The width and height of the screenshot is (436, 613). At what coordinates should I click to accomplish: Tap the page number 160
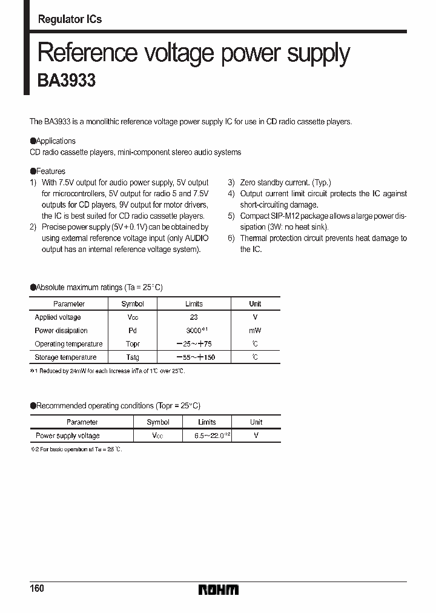pos(37,589)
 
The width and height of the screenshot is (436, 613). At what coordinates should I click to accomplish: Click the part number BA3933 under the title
pos(67,81)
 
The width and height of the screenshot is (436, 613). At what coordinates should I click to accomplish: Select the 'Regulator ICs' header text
pos(70,19)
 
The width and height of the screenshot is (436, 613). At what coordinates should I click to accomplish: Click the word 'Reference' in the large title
pos(87,53)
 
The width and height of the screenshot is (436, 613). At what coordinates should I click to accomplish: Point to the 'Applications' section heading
pos(55,141)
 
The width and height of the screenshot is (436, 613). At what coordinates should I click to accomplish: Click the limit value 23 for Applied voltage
pos(194,317)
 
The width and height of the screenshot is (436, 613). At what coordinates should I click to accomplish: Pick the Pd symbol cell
pos(133,331)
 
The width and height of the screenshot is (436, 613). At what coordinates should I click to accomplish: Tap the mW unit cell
pos(255,331)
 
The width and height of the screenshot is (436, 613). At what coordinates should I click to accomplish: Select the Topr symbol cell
pos(133,344)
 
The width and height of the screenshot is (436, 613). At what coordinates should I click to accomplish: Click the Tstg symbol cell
pos(133,357)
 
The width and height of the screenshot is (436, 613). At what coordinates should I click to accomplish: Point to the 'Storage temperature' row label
pos(65,357)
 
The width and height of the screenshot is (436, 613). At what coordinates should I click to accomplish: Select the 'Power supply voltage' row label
pos(67,436)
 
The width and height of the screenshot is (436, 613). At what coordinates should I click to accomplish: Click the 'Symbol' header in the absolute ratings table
pos(133,304)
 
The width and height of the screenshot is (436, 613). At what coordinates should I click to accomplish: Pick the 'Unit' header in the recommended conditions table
pos(256,422)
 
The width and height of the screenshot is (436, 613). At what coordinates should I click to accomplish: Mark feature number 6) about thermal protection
pos(317,244)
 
